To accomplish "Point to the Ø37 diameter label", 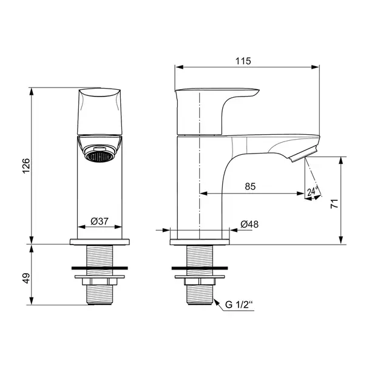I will tap(100, 222).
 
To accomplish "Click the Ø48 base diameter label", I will tap(249, 224).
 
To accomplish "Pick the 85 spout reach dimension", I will tap(250, 187).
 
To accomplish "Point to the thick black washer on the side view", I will tap(200, 267).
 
